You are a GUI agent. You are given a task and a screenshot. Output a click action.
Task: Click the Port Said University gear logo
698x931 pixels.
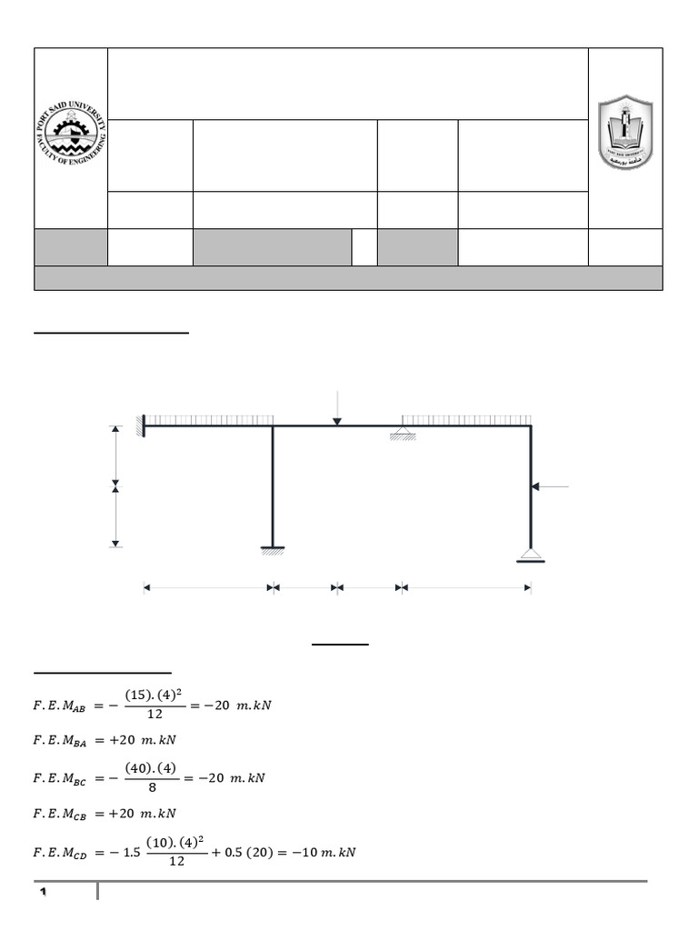click(x=71, y=137)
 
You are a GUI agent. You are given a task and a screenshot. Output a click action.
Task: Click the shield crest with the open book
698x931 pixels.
click(x=625, y=133)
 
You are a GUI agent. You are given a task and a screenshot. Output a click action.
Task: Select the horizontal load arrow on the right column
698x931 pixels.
click(x=550, y=487)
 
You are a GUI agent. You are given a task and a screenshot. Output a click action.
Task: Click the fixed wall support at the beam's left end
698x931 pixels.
click(x=141, y=425)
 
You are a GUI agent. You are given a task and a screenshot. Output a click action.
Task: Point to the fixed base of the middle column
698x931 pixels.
click(x=273, y=549)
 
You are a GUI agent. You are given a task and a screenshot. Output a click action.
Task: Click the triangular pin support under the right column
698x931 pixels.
click(x=531, y=555)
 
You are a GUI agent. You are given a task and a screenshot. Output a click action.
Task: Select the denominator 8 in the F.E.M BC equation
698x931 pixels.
click(x=155, y=789)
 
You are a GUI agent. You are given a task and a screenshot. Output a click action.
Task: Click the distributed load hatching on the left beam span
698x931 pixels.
click(x=210, y=420)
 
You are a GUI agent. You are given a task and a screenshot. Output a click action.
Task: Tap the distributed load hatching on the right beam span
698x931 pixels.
click(x=466, y=420)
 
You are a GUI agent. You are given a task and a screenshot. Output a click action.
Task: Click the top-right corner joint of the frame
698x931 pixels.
click(x=531, y=425)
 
